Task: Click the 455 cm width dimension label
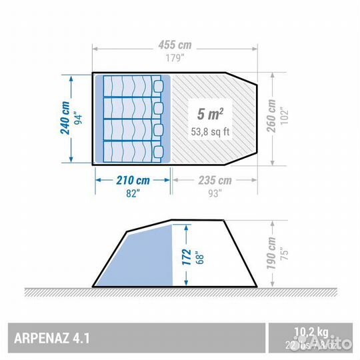175,45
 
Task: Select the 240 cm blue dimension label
65,118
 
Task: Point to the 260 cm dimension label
271,118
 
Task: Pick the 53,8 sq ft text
209,132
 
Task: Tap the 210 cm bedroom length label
133,181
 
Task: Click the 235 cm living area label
215,181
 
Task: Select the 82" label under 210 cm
133,193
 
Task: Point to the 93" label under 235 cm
215,193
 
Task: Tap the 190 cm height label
271,253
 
